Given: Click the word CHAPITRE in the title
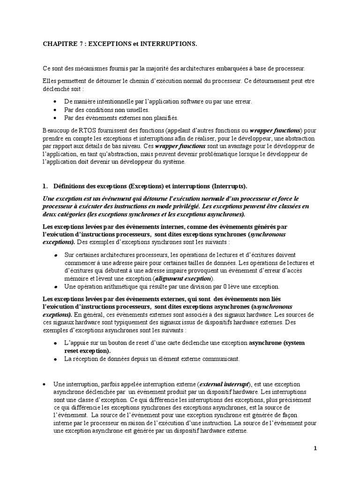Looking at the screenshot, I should (x=58, y=44).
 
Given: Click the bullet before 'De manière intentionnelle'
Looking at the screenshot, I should (x=56, y=101).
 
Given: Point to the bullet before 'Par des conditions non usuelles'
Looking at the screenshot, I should (x=56, y=109).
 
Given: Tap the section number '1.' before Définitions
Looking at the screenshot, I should (x=46, y=186).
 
